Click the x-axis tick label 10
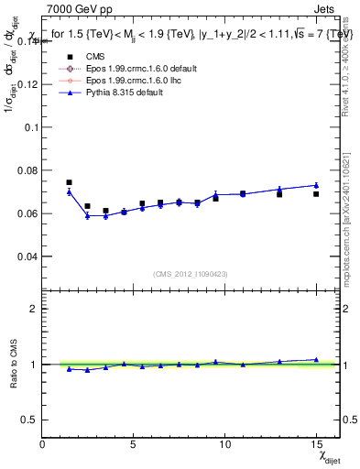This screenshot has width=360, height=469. [x=224, y=444]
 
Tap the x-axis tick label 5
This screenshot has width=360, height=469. [x=134, y=444]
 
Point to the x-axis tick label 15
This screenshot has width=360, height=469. [x=315, y=444]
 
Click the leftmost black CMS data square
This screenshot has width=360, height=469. [x=70, y=183]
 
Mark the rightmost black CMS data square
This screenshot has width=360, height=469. [x=316, y=194]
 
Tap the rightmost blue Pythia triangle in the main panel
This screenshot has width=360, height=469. [x=316, y=185]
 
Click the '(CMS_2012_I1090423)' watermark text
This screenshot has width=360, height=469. [x=190, y=274]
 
